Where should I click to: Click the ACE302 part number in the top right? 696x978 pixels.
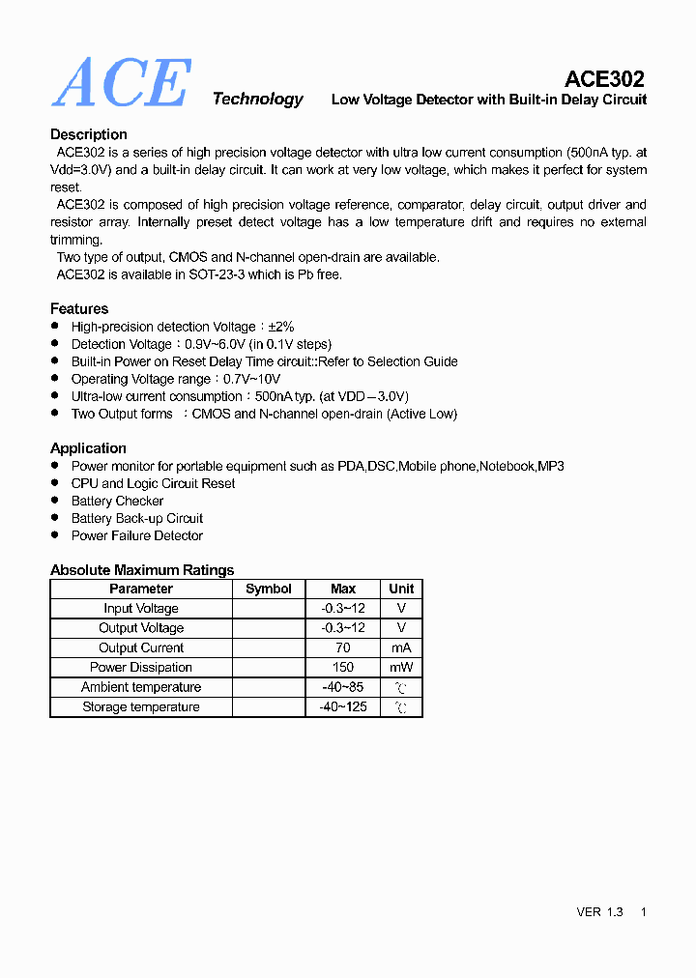coord(604,78)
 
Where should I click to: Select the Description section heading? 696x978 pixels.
coord(88,134)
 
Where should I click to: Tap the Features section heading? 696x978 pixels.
coord(79,308)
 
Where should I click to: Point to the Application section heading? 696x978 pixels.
coord(88,448)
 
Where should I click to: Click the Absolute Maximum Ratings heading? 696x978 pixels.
coord(142,570)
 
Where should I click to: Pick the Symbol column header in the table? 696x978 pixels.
coord(269,589)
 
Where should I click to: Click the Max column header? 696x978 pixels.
coord(343,589)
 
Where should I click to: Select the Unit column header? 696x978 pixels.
coord(401,589)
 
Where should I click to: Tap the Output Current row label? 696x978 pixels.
coord(141,647)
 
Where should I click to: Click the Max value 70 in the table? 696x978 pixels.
coord(343,647)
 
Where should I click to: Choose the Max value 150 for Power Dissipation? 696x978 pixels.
coord(343,667)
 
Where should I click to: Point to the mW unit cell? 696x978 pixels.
coord(401,667)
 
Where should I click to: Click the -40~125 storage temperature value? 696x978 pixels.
coord(343,706)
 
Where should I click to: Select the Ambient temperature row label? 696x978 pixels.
coord(141,687)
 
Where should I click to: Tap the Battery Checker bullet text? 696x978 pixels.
coord(118,501)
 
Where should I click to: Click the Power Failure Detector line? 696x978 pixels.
coord(137,535)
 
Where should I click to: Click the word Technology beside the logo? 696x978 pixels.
coord(257,99)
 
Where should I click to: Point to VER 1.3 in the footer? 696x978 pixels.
coord(599,911)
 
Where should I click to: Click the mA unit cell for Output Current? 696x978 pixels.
coord(401,647)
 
